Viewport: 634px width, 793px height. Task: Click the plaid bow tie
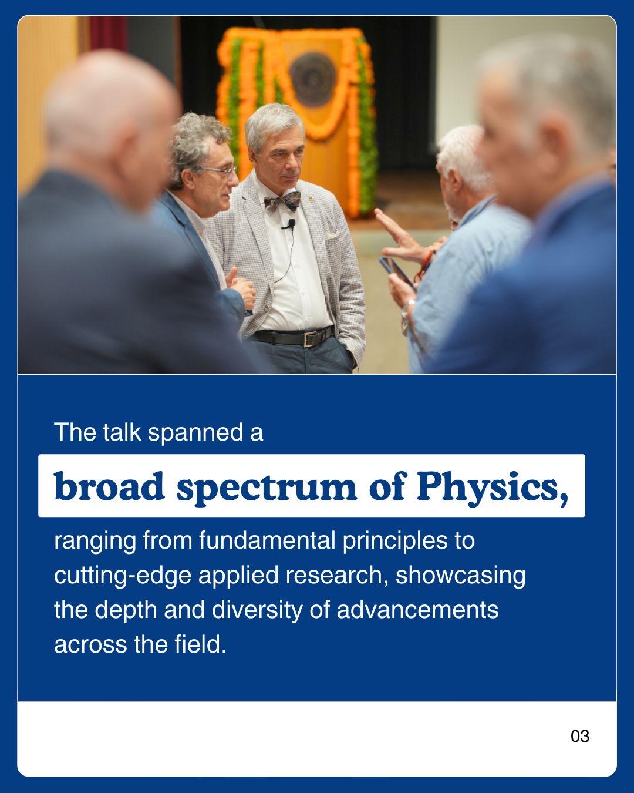pyautogui.click(x=282, y=201)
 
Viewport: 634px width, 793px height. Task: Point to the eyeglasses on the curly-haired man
pyautogui.click(x=219, y=170)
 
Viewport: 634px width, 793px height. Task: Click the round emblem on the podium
pyautogui.click(x=313, y=79)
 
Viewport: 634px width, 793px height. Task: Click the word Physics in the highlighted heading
pyautogui.click(x=492, y=487)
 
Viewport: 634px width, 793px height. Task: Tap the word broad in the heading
pyautogui.click(x=109, y=486)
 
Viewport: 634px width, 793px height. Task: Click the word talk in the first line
pyautogui.click(x=122, y=432)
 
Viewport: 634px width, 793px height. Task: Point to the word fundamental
pyautogui.click(x=268, y=540)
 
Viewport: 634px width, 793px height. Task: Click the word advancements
pyautogui.click(x=417, y=610)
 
